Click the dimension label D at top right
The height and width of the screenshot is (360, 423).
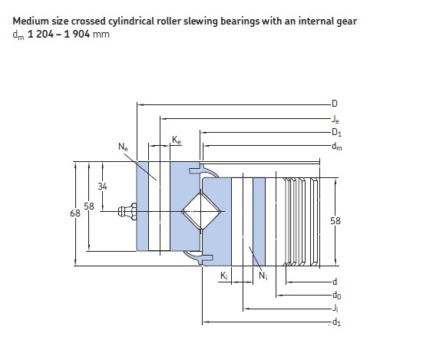[x=335, y=104]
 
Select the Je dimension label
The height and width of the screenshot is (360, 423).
[x=335, y=119]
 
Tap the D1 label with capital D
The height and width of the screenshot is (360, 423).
[x=336, y=132]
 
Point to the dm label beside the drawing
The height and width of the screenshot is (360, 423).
[x=337, y=147]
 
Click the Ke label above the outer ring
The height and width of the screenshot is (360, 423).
[x=177, y=140]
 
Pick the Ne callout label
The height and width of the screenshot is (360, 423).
[x=123, y=147]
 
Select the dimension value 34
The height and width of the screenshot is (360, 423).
[x=102, y=187]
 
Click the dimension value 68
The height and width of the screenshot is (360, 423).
[x=75, y=213]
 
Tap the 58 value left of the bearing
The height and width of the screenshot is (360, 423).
[x=89, y=206]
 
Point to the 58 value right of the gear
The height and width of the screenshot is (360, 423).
[x=335, y=221]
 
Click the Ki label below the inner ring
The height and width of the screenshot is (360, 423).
[x=224, y=276]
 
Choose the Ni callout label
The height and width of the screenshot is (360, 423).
[x=263, y=276]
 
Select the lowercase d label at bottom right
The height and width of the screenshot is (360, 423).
[x=335, y=282]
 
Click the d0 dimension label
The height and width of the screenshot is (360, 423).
[x=336, y=296]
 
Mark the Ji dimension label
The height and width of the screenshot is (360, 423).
[x=335, y=308]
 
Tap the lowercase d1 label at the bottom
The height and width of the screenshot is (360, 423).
[x=336, y=322]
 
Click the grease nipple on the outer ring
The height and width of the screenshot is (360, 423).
[x=127, y=211]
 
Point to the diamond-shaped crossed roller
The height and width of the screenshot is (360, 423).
[x=201, y=211]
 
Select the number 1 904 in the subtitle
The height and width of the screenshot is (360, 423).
[x=77, y=35]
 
